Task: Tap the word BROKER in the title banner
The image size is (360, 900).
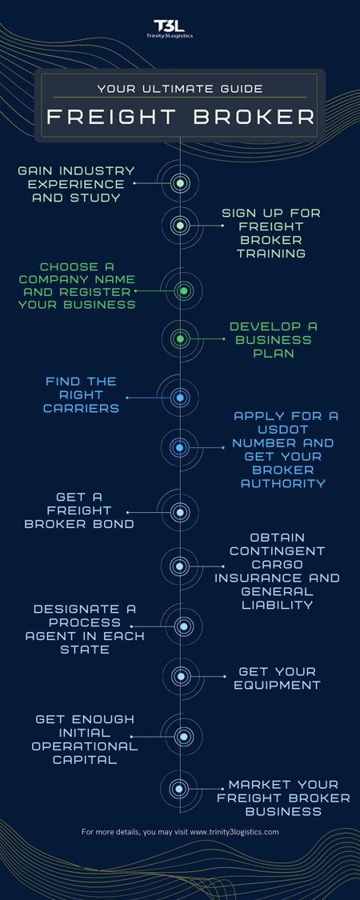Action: coord(254,117)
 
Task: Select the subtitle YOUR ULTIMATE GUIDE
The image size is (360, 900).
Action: coord(180,89)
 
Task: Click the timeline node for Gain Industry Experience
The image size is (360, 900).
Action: coord(180,183)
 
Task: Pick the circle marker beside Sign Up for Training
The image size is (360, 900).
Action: coord(180,226)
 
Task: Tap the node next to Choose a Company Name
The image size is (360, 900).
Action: coord(184,291)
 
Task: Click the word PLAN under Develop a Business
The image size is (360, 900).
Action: coord(274,354)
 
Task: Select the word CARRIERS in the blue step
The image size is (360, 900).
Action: coord(82,409)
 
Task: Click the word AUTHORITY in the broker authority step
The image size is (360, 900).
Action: coord(283,483)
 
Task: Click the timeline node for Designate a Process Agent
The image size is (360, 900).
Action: coord(184,626)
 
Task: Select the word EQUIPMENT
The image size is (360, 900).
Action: coord(277,685)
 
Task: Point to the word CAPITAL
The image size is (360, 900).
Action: coord(85,760)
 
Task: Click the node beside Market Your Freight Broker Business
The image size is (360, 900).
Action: coord(179,790)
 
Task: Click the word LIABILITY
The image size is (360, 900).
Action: coord(277,605)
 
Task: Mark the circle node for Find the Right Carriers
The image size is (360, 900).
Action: coord(180,397)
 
